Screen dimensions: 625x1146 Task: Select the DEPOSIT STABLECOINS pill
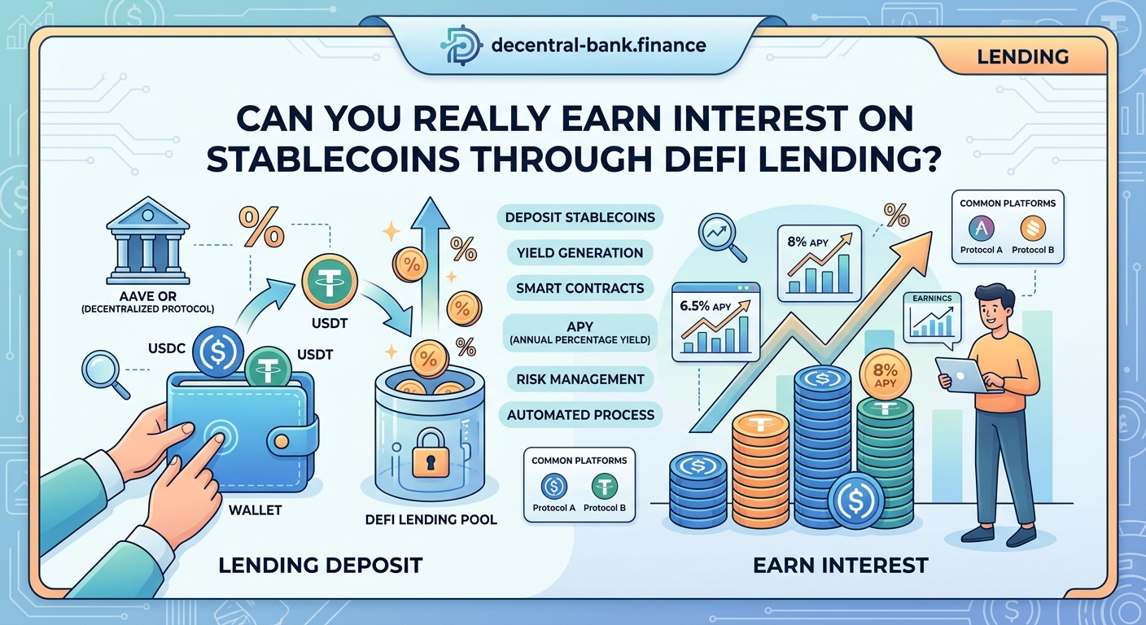[579, 217]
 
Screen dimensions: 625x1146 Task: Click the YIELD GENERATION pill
[580, 252]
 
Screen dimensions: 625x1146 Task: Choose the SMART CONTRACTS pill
[580, 287]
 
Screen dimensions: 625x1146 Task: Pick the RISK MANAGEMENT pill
[580, 378]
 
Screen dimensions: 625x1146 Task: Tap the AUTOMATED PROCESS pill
[580, 414]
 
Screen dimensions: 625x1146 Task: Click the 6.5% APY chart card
[715, 321]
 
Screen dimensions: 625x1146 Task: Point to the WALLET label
[255, 510]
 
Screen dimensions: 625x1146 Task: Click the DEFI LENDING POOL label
[431, 519]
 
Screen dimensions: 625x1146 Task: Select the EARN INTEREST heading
[841, 564]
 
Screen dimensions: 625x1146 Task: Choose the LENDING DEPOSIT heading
[321, 564]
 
